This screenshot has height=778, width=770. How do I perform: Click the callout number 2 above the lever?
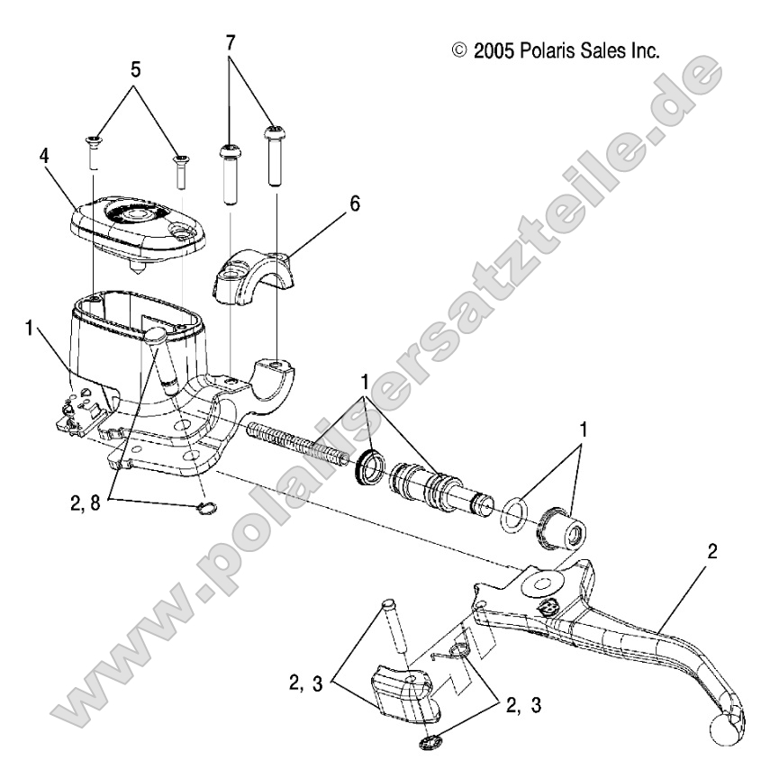pos(712,552)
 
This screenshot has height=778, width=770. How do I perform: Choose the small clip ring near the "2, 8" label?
pos(207,510)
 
